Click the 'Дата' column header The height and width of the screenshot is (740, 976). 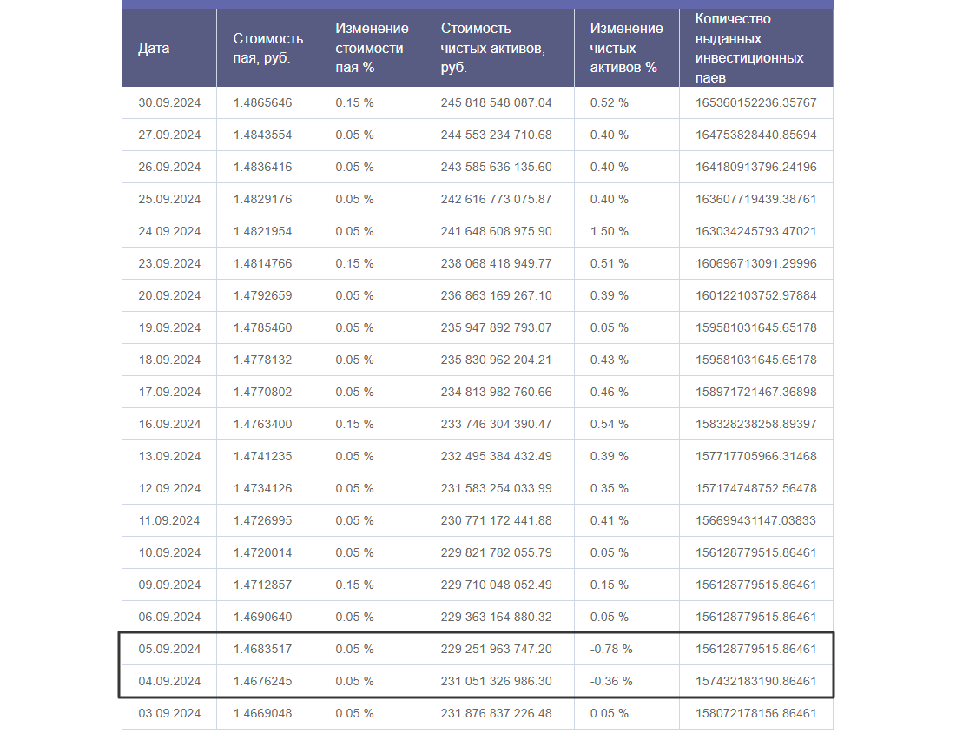click(154, 48)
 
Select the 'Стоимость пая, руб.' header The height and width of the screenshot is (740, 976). click(268, 48)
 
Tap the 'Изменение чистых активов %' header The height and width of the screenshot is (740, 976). click(626, 48)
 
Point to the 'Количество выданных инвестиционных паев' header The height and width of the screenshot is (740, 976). click(749, 48)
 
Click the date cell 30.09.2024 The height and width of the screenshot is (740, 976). click(169, 102)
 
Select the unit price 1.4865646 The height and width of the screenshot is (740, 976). click(262, 102)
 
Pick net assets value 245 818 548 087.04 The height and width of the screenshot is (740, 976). click(496, 102)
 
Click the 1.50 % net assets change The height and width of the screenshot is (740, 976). click(610, 231)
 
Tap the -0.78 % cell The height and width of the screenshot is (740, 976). click(611, 649)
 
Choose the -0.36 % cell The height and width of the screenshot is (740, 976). click(611, 681)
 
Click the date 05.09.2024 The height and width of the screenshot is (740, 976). click(169, 649)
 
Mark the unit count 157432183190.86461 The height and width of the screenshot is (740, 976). click(755, 681)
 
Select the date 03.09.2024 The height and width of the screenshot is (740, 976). click(169, 713)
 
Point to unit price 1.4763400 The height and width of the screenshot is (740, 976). click(262, 424)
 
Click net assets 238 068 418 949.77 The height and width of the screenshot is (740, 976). click(496, 263)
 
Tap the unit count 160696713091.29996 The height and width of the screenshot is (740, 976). click(755, 263)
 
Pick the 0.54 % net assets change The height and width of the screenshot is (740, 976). click(610, 424)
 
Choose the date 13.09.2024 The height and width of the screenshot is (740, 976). click(169, 456)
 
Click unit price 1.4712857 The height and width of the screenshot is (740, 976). click(262, 585)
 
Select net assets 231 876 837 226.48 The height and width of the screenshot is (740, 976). click(496, 713)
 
